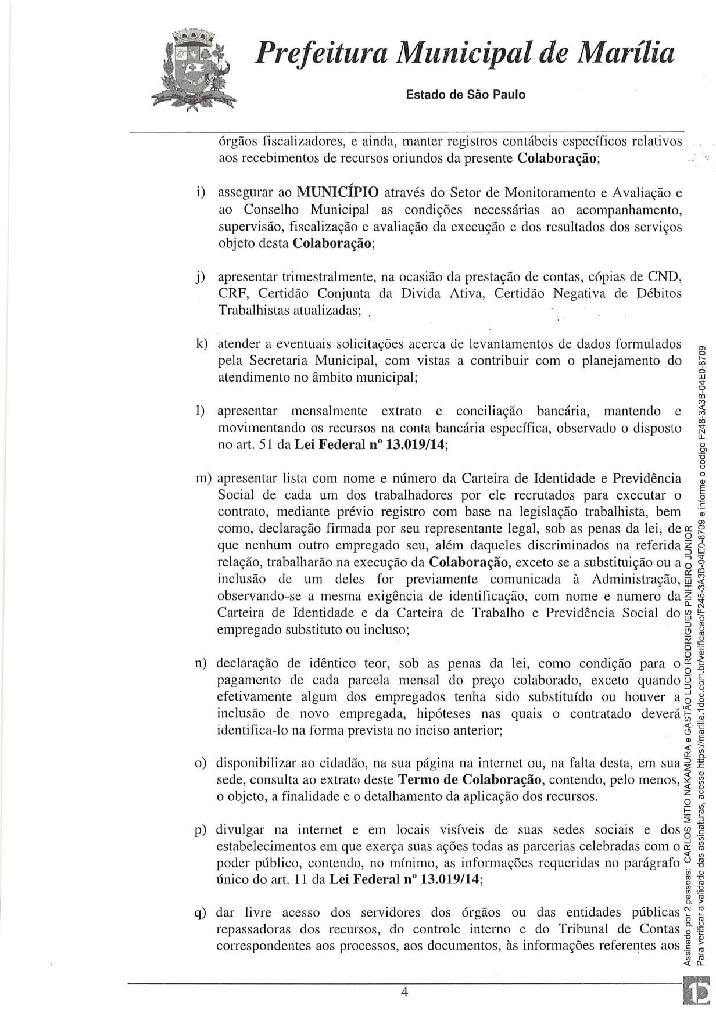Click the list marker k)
(202, 344)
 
